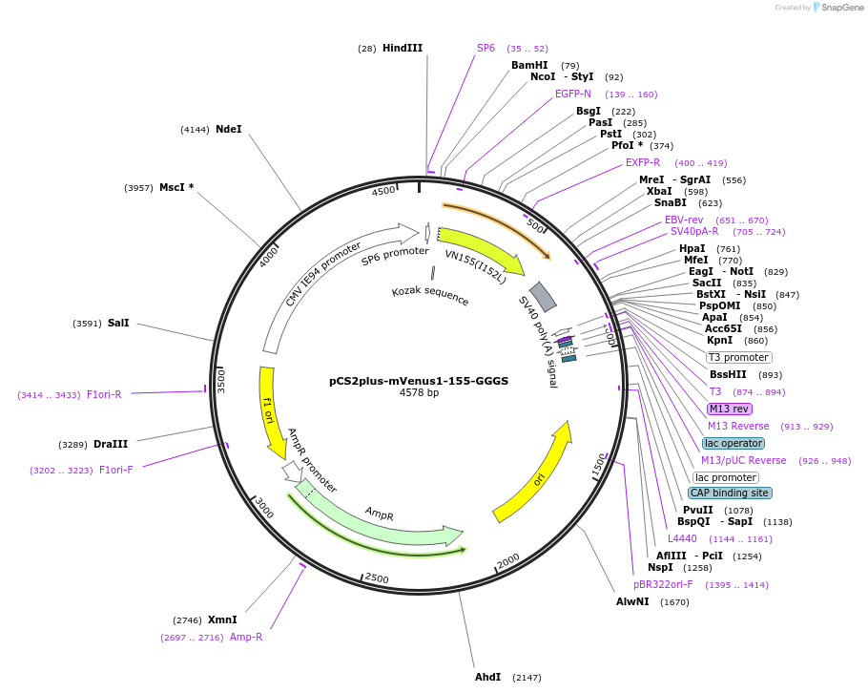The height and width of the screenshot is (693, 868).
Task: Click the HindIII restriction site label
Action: click(402, 48)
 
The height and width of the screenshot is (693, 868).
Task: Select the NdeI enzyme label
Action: click(228, 129)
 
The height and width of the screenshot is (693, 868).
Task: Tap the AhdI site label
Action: click(487, 677)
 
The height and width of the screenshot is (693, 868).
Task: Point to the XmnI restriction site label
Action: click(222, 619)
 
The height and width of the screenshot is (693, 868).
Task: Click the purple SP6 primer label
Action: click(486, 48)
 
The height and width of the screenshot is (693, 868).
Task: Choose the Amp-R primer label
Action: click(245, 637)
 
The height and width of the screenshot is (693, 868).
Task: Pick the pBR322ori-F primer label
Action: click(663, 584)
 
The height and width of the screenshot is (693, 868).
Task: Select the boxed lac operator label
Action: click(734, 443)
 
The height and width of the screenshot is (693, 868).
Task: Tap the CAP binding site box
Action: click(730, 493)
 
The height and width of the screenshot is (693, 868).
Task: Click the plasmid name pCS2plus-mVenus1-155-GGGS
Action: click(419, 380)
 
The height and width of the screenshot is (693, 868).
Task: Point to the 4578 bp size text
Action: click(419, 392)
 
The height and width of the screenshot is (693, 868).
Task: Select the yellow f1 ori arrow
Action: click(271, 410)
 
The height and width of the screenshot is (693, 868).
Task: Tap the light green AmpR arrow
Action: click(382, 515)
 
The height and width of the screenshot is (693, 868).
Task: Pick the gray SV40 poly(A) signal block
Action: click(543, 296)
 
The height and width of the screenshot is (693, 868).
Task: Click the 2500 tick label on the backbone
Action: click(377, 578)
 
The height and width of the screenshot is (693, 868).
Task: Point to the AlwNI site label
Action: click(632, 601)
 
